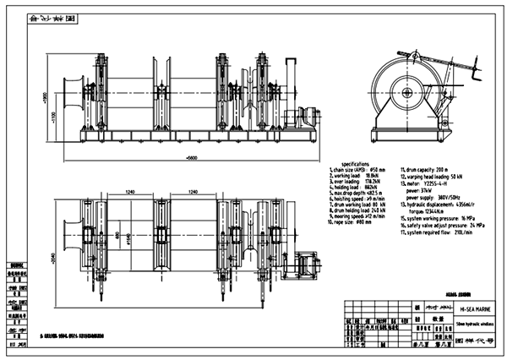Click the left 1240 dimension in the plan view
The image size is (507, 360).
coord(129,193)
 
